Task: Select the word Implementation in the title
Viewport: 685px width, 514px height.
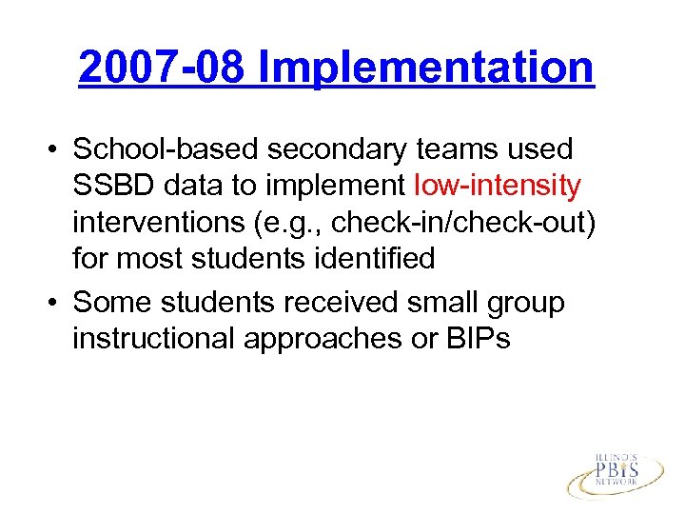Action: pos(426,68)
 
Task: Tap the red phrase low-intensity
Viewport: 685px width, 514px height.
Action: pos(499,185)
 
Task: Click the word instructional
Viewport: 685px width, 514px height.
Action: pos(154,338)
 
